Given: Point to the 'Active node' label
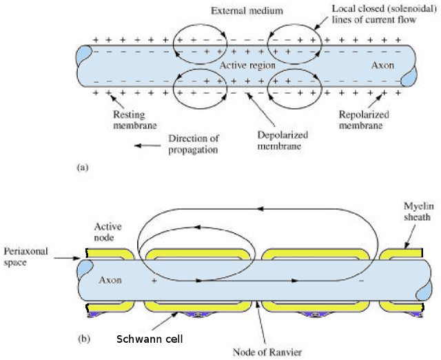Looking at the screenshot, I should [x=107, y=232].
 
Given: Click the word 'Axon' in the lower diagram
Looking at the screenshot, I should [x=111, y=281].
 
